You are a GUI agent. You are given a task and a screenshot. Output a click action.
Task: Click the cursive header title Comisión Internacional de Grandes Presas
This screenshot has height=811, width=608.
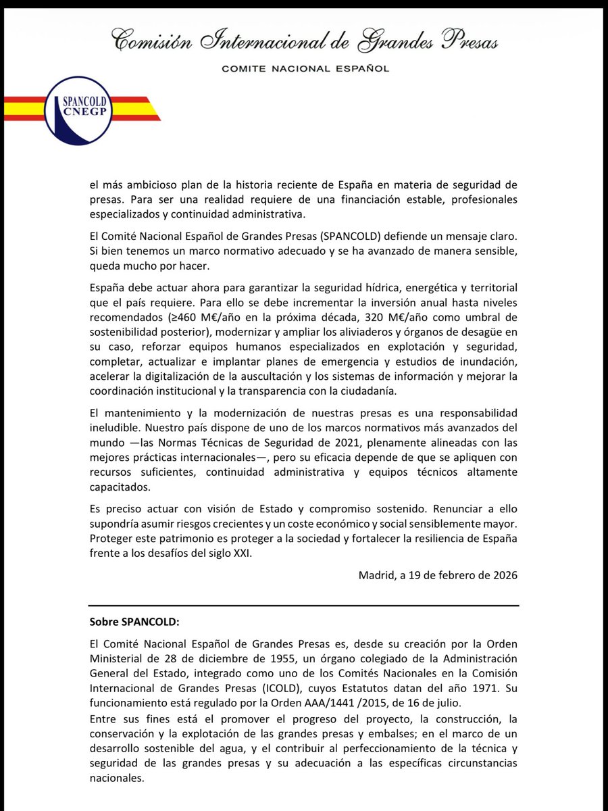click(x=304, y=41)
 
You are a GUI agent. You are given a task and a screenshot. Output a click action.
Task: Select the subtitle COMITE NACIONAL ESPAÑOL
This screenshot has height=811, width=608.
click(x=307, y=68)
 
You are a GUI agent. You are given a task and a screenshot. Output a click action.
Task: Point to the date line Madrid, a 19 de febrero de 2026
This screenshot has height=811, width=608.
click(x=438, y=576)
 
